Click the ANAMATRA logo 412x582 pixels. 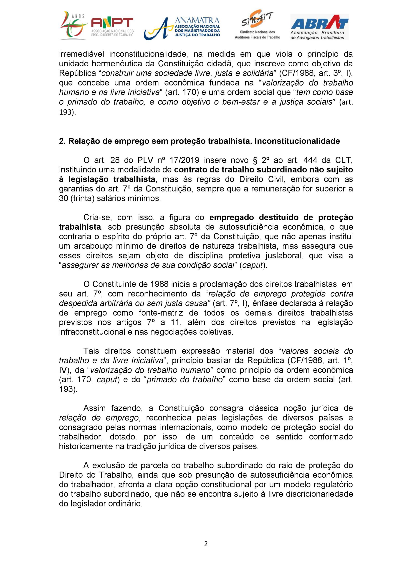pyautogui.click(x=182, y=28)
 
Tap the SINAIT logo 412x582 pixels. pyautogui.click(x=257, y=25)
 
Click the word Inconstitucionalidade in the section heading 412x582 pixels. pyautogui.click(x=297, y=141)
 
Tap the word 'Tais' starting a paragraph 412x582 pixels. pyautogui.click(x=91, y=351)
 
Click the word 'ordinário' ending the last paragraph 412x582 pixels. pyautogui.click(x=125, y=503)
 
